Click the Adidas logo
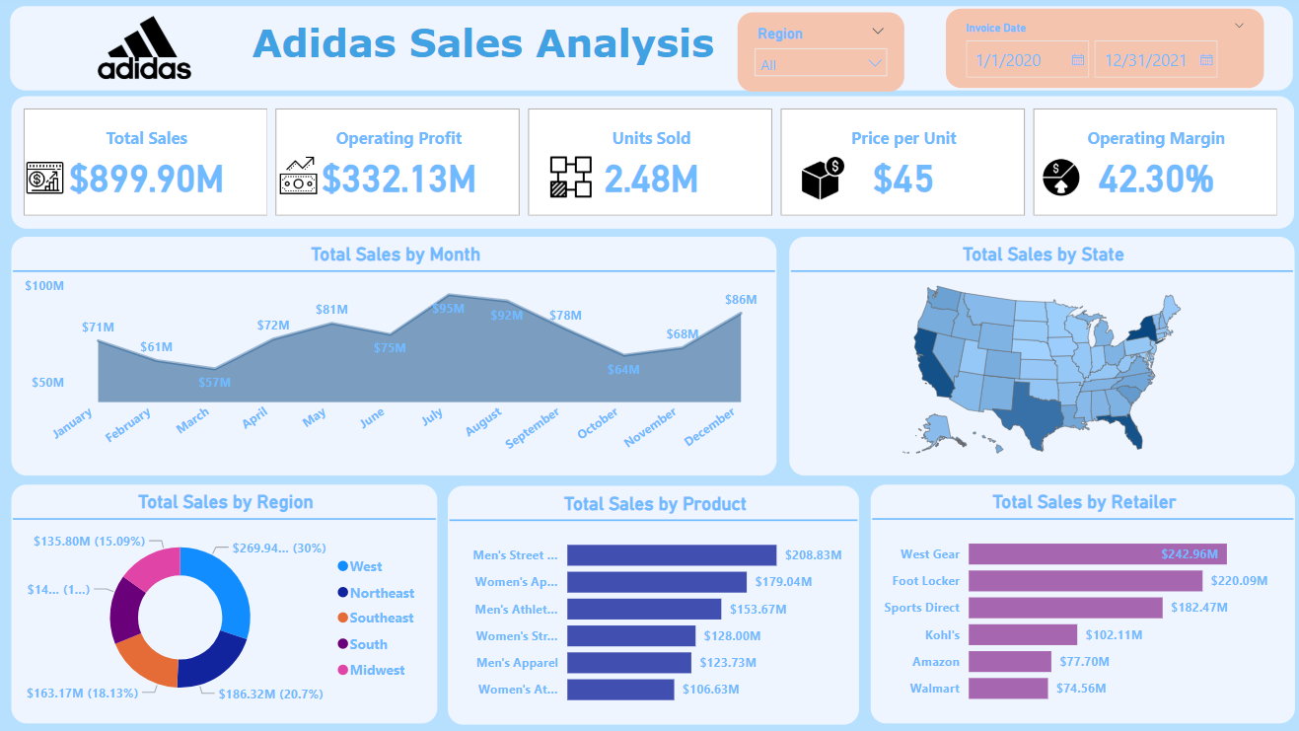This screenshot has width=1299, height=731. [x=144, y=48]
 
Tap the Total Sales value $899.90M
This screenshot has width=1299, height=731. [x=146, y=179]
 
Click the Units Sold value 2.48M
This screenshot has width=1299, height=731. [x=651, y=179]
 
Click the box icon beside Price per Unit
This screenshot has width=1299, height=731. [x=821, y=179]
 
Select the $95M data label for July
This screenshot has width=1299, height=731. [x=448, y=308]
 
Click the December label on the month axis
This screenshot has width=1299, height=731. [x=710, y=427]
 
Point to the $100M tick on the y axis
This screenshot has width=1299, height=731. [x=44, y=286]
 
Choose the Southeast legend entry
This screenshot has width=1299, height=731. [x=381, y=618]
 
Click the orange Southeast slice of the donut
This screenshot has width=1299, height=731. [x=147, y=659]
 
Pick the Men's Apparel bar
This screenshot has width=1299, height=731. [x=629, y=663]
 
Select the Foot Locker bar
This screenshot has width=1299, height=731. [x=1085, y=581]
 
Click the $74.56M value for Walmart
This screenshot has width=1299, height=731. [x=1081, y=689]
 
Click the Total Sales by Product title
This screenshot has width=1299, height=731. [x=655, y=504]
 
